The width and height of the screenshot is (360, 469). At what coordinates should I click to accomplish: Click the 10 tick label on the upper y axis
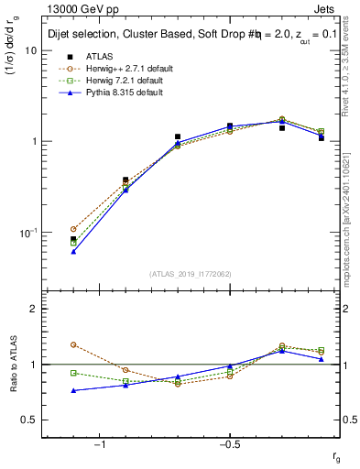[30, 51]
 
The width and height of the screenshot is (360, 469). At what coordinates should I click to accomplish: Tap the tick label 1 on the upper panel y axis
[33, 142]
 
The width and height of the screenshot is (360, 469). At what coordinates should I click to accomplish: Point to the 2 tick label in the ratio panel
[33, 310]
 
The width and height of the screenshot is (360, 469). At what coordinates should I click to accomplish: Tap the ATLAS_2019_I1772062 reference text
[191, 274]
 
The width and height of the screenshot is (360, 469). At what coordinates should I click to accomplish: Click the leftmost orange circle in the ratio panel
[73, 344]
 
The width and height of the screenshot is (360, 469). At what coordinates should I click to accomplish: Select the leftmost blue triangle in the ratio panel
[73, 390]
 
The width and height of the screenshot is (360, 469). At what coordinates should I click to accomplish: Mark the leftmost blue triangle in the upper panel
[73, 251]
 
